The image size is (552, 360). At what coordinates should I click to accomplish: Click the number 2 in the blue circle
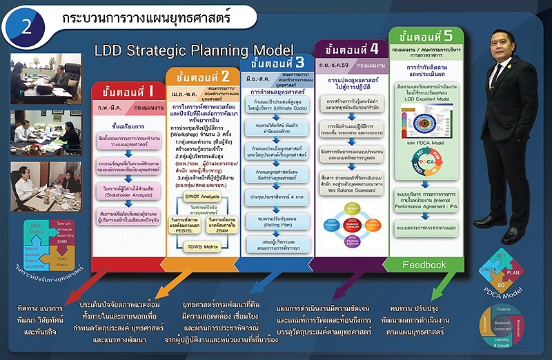26,26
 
